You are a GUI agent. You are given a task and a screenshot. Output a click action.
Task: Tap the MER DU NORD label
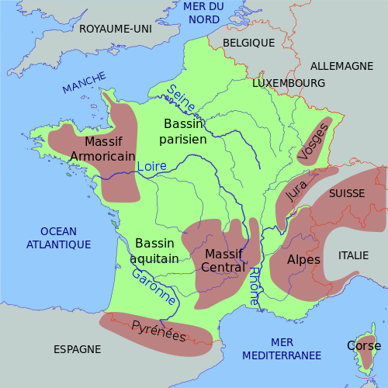pyautogui.click(x=203, y=13)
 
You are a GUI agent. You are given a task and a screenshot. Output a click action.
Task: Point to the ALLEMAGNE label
pyautogui.click(x=341, y=66)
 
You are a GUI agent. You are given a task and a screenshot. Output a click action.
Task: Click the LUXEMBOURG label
pyautogui.click(x=289, y=82)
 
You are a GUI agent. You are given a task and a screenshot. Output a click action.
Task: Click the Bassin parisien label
pyautogui.click(x=183, y=132)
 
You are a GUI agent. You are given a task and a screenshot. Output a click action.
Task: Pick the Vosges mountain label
pyautogui.click(x=313, y=141)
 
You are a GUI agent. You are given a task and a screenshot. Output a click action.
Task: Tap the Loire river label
pyautogui.click(x=151, y=166)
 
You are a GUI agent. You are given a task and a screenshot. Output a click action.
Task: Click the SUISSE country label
pyautogui.click(x=346, y=192)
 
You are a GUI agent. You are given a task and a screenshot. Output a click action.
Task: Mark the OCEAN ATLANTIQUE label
pyautogui.click(x=59, y=237)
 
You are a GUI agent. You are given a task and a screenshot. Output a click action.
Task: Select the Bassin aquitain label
pyautogui.click(x=155, y=250)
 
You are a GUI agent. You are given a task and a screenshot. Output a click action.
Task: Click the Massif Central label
pyautogui.click(x=223, y=261)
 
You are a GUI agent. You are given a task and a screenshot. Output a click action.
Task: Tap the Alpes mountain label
pyautogui.click(x=303, y=259)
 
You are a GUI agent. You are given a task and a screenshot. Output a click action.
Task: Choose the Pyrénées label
pyautogui.click(x=159, y=331)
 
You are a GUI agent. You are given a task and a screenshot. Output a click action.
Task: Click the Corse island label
pyautogui.click(x=363, y=345)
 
